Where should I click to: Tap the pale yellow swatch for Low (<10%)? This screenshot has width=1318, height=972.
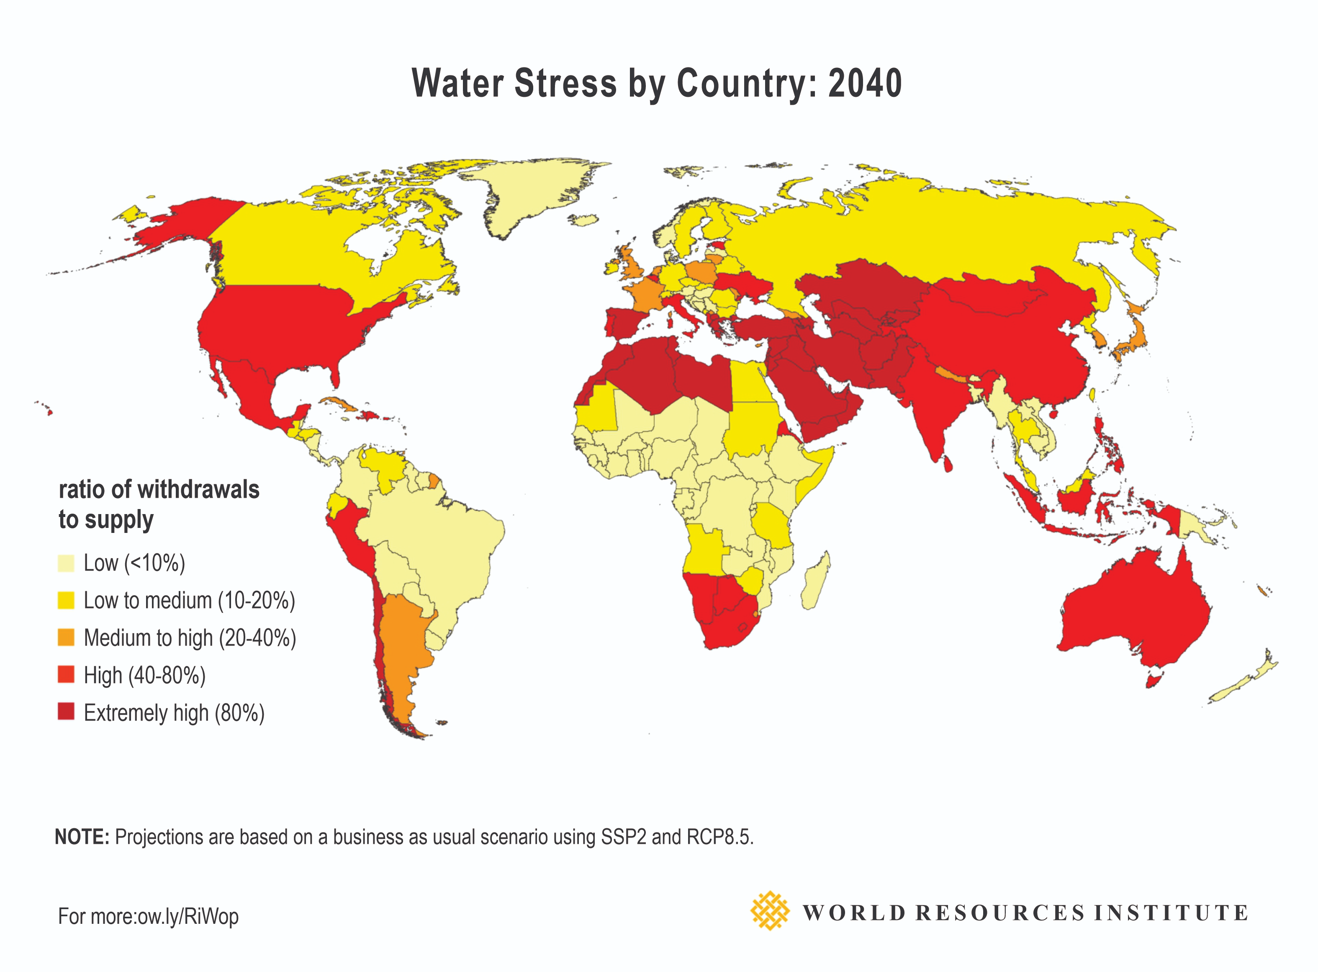(66, 563)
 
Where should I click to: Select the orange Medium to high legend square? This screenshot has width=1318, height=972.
(66, 637)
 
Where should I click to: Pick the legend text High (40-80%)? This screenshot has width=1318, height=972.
(145, 675)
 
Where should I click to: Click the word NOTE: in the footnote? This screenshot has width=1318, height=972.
(82, 837)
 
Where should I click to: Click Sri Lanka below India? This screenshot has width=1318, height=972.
(948, 464)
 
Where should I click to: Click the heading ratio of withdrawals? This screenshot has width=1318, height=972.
(159, 489)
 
